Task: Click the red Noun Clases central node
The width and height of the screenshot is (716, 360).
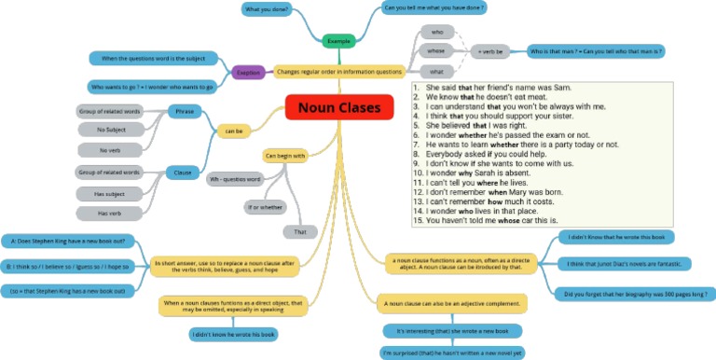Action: point(339,108)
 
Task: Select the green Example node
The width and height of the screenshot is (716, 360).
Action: point(339,41)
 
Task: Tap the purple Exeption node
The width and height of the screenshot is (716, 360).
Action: point(247,71)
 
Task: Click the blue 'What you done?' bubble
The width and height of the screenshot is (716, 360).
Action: point(266,9)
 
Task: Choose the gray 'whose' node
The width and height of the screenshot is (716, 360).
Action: point(436,50)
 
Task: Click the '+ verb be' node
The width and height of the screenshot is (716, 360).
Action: point(491,51)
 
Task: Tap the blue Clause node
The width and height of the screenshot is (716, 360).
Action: point(183,172)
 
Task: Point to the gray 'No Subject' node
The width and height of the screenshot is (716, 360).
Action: point(110,131)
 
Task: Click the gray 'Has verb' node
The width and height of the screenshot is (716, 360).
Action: point(110,214)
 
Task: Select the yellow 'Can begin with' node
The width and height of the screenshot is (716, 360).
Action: point(286,156)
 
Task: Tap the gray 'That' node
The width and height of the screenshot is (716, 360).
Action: point(299,231)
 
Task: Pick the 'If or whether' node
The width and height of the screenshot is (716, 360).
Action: point(264,206)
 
